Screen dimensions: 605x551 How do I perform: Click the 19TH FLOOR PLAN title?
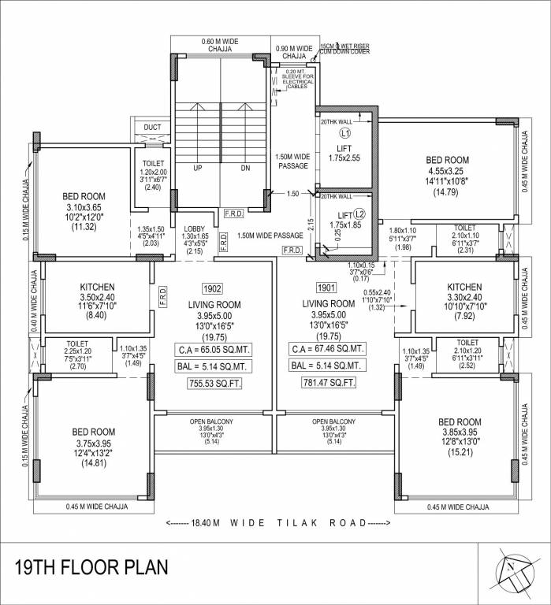pos(91,568)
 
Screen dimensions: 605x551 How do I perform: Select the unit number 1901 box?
pos(329,288)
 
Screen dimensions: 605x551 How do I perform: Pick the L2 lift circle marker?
pos(359,213)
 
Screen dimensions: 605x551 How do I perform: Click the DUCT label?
pos(152,127)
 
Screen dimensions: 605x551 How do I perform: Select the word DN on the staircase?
pos(245,168)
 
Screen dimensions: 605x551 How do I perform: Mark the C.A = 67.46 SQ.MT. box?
pos(329,348)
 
